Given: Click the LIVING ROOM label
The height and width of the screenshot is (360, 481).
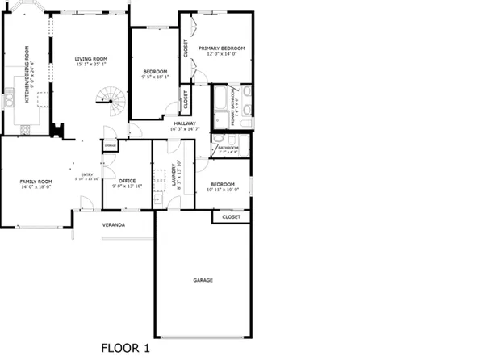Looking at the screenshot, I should [90, 59].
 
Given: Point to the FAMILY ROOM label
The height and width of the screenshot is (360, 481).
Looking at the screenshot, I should [36, 181].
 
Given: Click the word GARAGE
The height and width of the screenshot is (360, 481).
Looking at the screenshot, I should [203, 280].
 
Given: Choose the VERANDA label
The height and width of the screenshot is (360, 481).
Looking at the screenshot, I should [113, 224].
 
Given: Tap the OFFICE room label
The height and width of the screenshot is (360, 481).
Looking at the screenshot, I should [128, 181].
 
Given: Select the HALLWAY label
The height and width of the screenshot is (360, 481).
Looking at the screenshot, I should [184, 123].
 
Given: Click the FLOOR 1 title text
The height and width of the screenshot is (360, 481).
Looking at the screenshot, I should [125, 349].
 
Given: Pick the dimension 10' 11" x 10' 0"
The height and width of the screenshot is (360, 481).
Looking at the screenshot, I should [223, 190].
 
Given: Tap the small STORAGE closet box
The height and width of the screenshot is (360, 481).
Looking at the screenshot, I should [110, 145].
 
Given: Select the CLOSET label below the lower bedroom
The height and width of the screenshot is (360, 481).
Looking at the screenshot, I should [231, 217].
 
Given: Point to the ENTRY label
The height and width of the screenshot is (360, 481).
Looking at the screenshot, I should [86, 174].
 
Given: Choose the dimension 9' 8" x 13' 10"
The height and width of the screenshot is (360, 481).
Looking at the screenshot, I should [128, 186].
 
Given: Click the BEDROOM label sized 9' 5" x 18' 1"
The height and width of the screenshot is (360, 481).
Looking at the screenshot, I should [154, 72].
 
